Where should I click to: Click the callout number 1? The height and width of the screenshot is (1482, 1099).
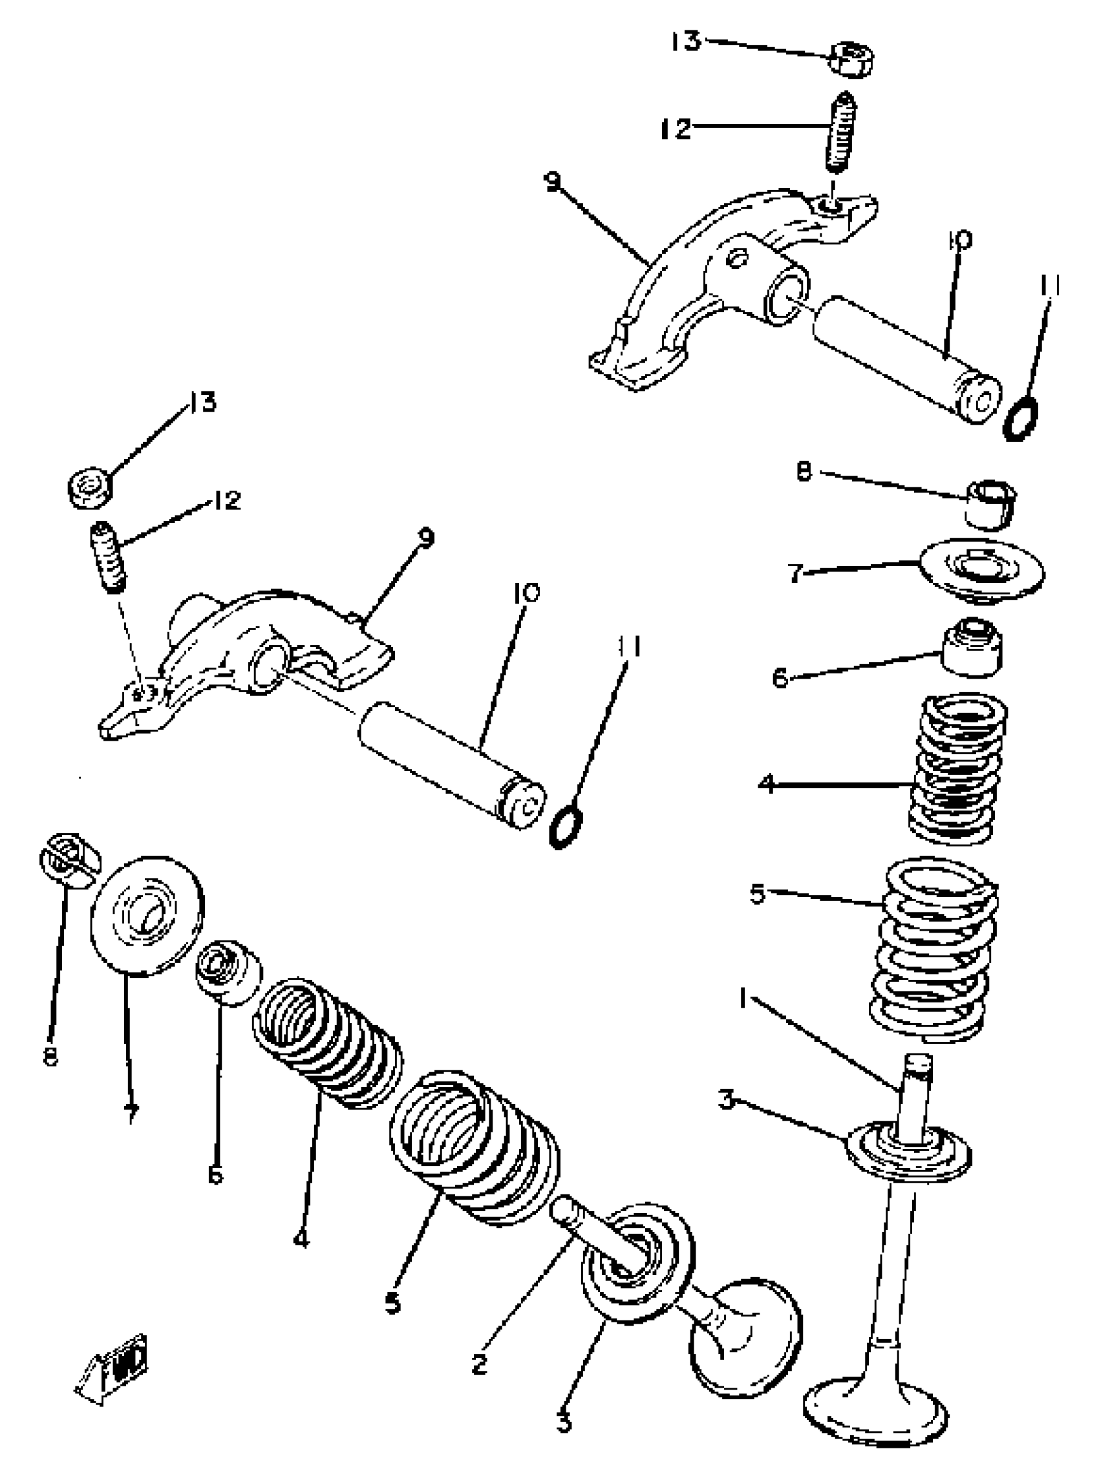743,998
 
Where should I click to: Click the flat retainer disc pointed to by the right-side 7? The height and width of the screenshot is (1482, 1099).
981,569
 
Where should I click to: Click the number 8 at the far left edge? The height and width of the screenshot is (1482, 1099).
50,1055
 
